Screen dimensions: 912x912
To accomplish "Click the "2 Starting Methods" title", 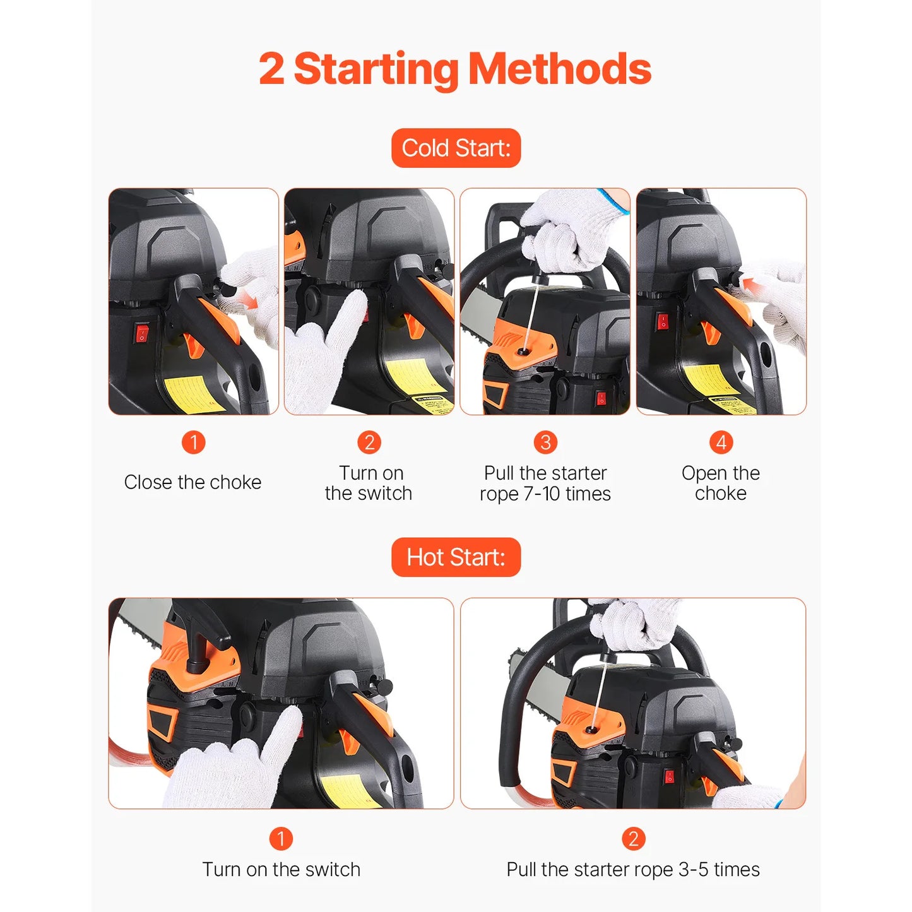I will click(455, 69).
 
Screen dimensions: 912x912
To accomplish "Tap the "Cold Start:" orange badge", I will click(456, 148).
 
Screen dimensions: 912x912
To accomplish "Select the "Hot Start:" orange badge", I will click(456, 557).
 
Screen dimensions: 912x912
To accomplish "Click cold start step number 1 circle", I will click(194, 442).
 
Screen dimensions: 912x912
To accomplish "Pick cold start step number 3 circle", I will click(545, 442).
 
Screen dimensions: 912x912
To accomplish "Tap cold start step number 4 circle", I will click(721, 442).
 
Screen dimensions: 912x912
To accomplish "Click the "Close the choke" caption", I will click(192, 482).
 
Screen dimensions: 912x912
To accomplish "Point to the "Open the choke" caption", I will click(721, 483).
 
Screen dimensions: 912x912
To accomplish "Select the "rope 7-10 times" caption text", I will click(545, 494).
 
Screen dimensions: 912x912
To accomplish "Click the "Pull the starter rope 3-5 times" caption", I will click(633, 870).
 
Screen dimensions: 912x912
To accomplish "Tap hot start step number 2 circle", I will click(633, 839).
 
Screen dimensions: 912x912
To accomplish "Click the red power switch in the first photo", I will click(142, 333).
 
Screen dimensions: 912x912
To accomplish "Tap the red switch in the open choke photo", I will click(662, 321).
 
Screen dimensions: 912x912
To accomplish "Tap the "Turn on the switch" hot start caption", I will click(281, 870).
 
